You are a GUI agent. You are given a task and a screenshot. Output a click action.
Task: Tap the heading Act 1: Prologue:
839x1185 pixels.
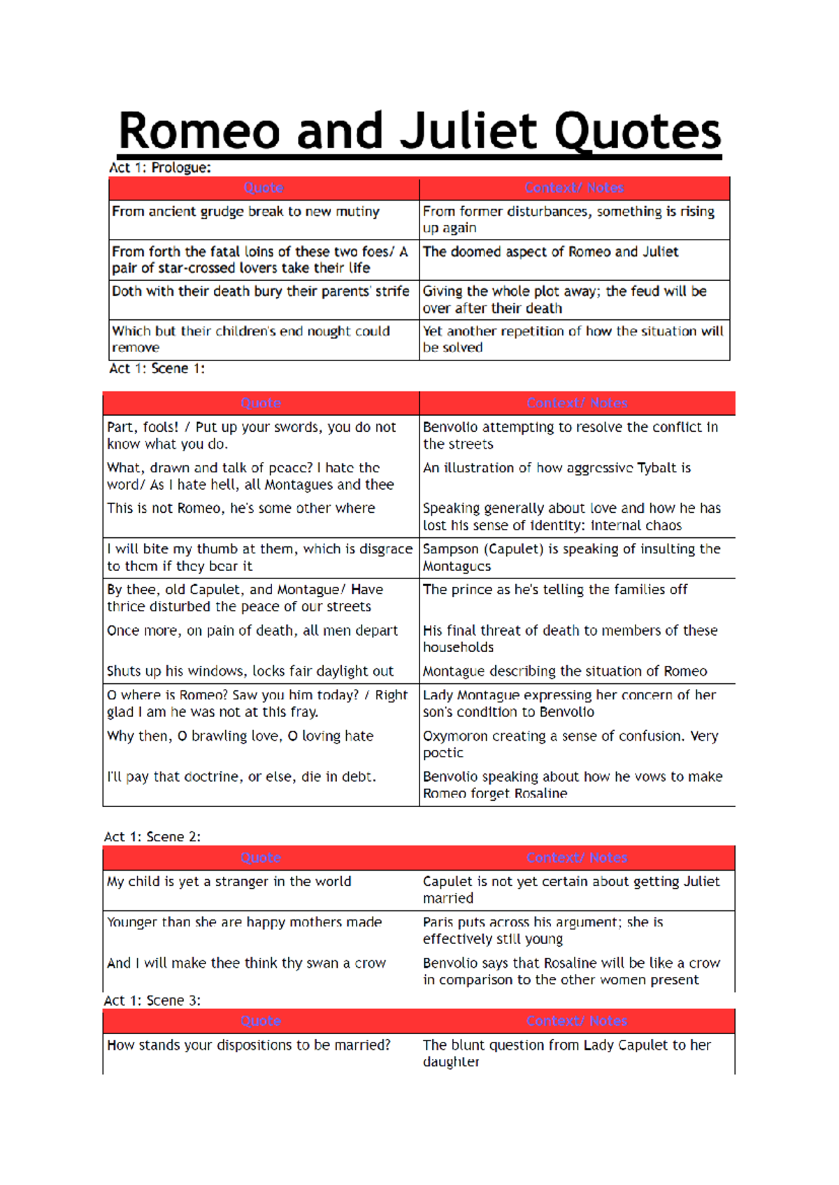point(159,168)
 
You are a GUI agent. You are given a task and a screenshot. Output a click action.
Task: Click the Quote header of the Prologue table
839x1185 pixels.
point(264,188)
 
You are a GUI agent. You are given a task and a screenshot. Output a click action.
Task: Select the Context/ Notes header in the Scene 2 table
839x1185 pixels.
point(577,857)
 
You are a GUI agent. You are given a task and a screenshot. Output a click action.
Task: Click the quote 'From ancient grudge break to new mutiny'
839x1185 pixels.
point(245,212)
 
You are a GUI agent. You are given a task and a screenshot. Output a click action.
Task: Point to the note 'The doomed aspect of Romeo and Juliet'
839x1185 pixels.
point(550,252)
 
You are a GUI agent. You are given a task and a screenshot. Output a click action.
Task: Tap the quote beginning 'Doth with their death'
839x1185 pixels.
point(260,291)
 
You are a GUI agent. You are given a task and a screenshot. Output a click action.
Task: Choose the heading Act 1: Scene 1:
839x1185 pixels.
point(157,368)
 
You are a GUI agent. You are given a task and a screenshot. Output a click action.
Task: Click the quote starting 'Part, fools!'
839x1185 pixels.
point(251,435)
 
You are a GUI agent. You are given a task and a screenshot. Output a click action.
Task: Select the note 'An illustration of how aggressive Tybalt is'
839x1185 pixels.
point(557,468)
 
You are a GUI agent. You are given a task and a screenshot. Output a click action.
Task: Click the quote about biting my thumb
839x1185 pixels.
point(259,558)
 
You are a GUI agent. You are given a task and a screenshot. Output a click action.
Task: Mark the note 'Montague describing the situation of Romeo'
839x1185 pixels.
point(564,671)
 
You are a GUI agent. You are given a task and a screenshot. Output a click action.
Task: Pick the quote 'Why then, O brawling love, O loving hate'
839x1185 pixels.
point(240,736)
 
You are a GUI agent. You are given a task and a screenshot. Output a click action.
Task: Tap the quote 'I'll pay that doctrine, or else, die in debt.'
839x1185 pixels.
point(241,777)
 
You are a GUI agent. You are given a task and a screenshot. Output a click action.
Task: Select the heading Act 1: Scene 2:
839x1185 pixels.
point(152,836)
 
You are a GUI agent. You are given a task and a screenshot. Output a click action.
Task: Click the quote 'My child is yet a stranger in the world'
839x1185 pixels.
point(229,882)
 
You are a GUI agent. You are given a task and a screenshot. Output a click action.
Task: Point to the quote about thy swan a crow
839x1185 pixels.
point(246,964)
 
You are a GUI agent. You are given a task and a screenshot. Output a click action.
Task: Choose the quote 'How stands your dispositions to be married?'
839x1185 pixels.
point(248,1045)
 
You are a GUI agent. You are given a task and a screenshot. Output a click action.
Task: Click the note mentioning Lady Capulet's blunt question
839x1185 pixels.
point(566,1053)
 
